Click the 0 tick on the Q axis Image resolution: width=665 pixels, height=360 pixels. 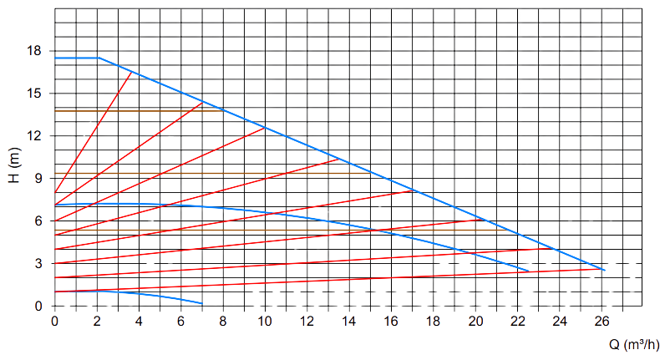coord(55,321)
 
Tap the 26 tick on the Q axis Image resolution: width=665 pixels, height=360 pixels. coord(602,321)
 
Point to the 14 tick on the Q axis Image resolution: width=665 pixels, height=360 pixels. coord(349,321)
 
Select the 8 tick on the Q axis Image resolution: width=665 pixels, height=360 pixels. coord(223,321)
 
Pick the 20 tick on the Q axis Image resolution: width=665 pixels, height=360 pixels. coord(476,321)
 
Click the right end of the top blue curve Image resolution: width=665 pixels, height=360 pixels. coord(603,271)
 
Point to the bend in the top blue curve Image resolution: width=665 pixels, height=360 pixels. coord(98,58)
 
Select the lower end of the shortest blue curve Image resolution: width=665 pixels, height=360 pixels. coord(202,302)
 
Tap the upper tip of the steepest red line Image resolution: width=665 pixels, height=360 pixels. coord(132,74)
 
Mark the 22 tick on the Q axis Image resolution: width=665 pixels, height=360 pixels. coord(518,321)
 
